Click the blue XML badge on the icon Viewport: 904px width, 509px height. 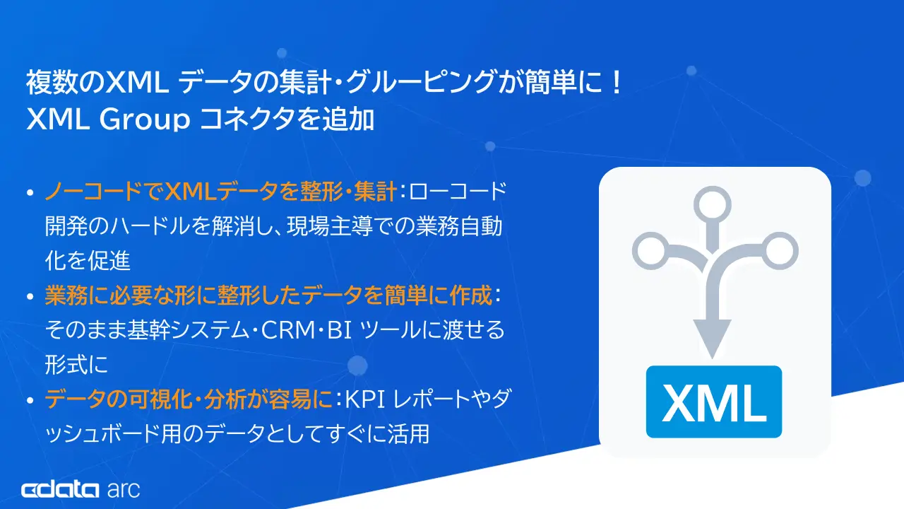(714, 401)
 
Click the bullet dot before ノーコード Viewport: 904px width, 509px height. (29, 192)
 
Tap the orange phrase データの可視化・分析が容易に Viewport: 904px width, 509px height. (188, 401)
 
